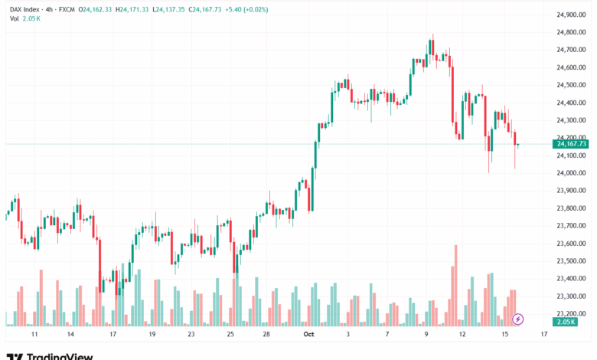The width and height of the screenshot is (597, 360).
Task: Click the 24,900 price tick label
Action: tap(571, 15)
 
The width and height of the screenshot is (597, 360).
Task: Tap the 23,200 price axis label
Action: tap(571, 313)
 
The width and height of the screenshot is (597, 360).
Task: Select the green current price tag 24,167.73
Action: tap(572, 143)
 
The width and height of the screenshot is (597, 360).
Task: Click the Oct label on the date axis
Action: tap(309, 335)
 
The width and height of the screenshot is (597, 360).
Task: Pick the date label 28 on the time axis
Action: tap(266, 335)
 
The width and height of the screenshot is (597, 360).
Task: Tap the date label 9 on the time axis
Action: tap(426, 335)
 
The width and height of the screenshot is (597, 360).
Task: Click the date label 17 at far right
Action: tap(544, 335)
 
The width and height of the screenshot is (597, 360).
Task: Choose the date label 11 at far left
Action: tap(34, 335)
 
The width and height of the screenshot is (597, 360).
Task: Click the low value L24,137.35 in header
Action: tap(175, 8)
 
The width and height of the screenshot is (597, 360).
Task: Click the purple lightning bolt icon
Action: tap(518, 318)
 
